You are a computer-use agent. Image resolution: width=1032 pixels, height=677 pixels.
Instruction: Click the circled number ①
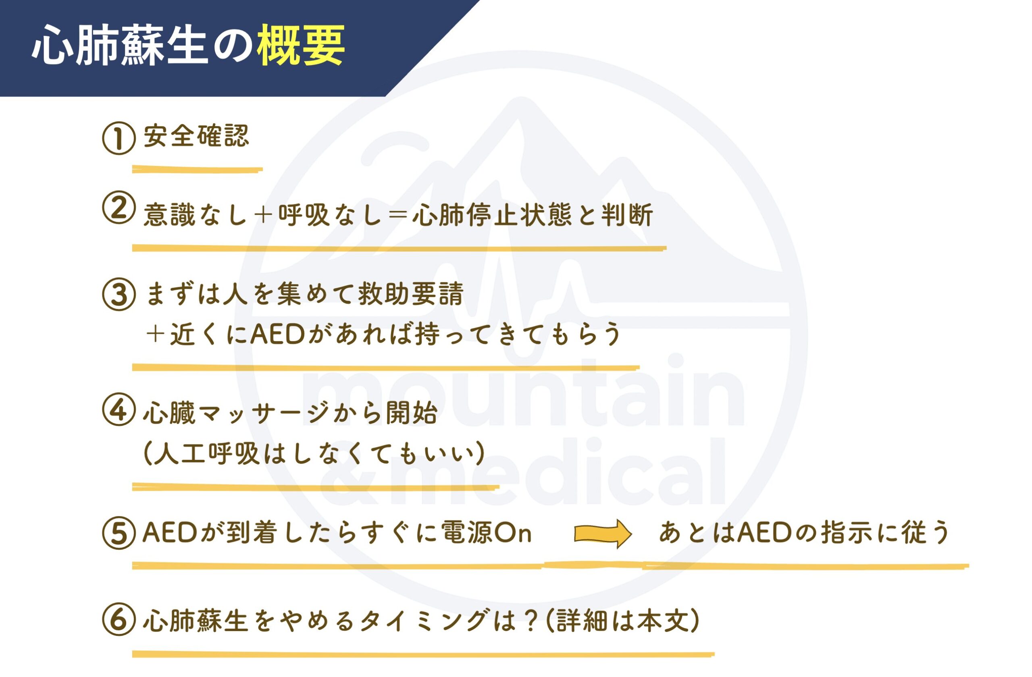(119, 138)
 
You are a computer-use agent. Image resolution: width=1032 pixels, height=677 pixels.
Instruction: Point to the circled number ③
(119, 294)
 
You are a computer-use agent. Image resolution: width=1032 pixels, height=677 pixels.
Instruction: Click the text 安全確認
(196, 136)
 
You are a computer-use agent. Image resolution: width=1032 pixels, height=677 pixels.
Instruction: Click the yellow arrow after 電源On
(603, 534)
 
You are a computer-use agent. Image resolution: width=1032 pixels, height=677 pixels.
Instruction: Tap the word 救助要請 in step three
(410, 293)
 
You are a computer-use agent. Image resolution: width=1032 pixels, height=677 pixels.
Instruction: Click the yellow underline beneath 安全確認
(197, 170)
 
